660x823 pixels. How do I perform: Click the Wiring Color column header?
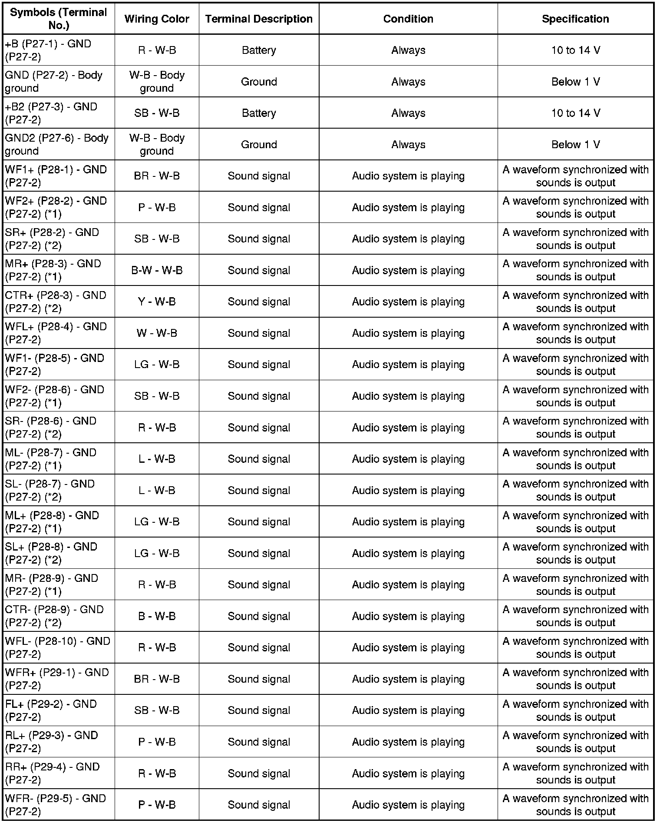(x=156, y=19)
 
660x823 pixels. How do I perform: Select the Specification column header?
(x=575, y=19)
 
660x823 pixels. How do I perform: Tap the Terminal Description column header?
(x=259, y=19)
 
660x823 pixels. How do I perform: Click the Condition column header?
(x=408, y=19)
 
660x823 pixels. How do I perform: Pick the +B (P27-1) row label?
(x=48, y=50)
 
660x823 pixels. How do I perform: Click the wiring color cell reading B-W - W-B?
(x=157, y=270)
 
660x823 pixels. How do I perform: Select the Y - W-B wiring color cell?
(x=157, y=302)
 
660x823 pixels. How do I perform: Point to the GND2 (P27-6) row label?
(x=56, y=144)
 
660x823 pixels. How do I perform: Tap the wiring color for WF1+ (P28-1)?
(x=157, y=176)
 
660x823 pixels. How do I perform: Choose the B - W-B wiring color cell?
(x=157, y=616)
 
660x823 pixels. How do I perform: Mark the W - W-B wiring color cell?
(x=157, y=333)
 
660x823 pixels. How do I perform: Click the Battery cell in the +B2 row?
(x=259, y=113)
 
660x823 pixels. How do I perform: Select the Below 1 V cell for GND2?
(x=575, y=144)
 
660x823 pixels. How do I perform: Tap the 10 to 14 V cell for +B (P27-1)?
(x=575, y=50)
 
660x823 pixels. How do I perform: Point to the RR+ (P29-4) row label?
(x=52, y=773)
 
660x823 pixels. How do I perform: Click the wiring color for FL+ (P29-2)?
(x=157, y=710)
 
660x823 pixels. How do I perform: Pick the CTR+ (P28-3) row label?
(x=56, y=302)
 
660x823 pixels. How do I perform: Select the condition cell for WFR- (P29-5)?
(x=408, y=805)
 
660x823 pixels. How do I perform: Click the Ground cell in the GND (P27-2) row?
(x=259, y=82)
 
